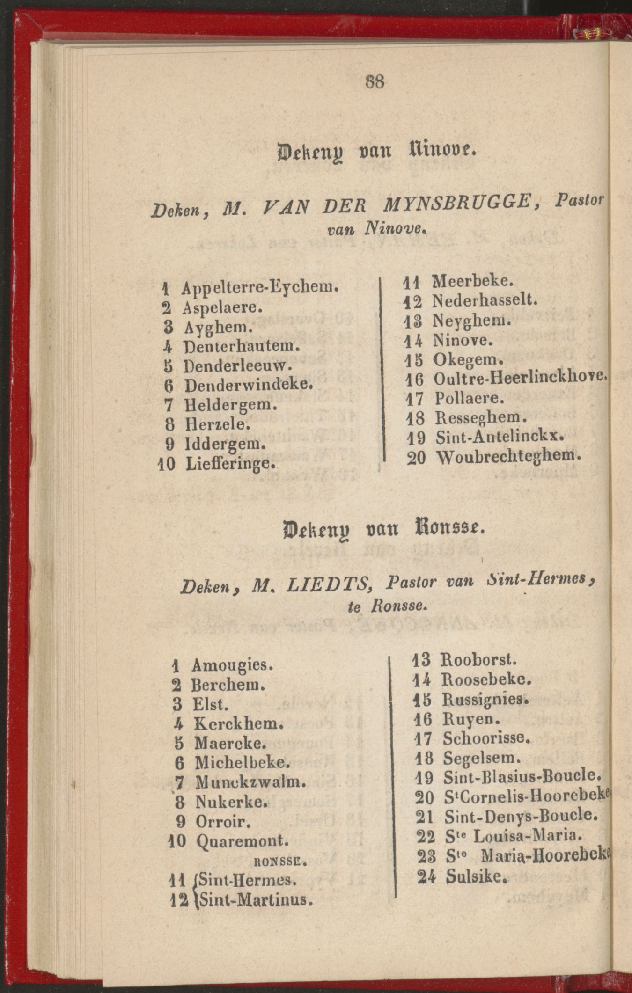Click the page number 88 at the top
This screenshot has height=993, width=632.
[x=374, y=82]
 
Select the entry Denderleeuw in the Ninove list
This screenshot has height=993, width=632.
[x=237, y=365]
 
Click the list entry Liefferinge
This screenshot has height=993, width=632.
[x=229, y=464]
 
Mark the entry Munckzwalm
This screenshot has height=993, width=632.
[x=250, y=781]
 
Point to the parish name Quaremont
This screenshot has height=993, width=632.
[x=241, y=841]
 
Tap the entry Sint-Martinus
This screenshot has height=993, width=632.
[x=253, y=899]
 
